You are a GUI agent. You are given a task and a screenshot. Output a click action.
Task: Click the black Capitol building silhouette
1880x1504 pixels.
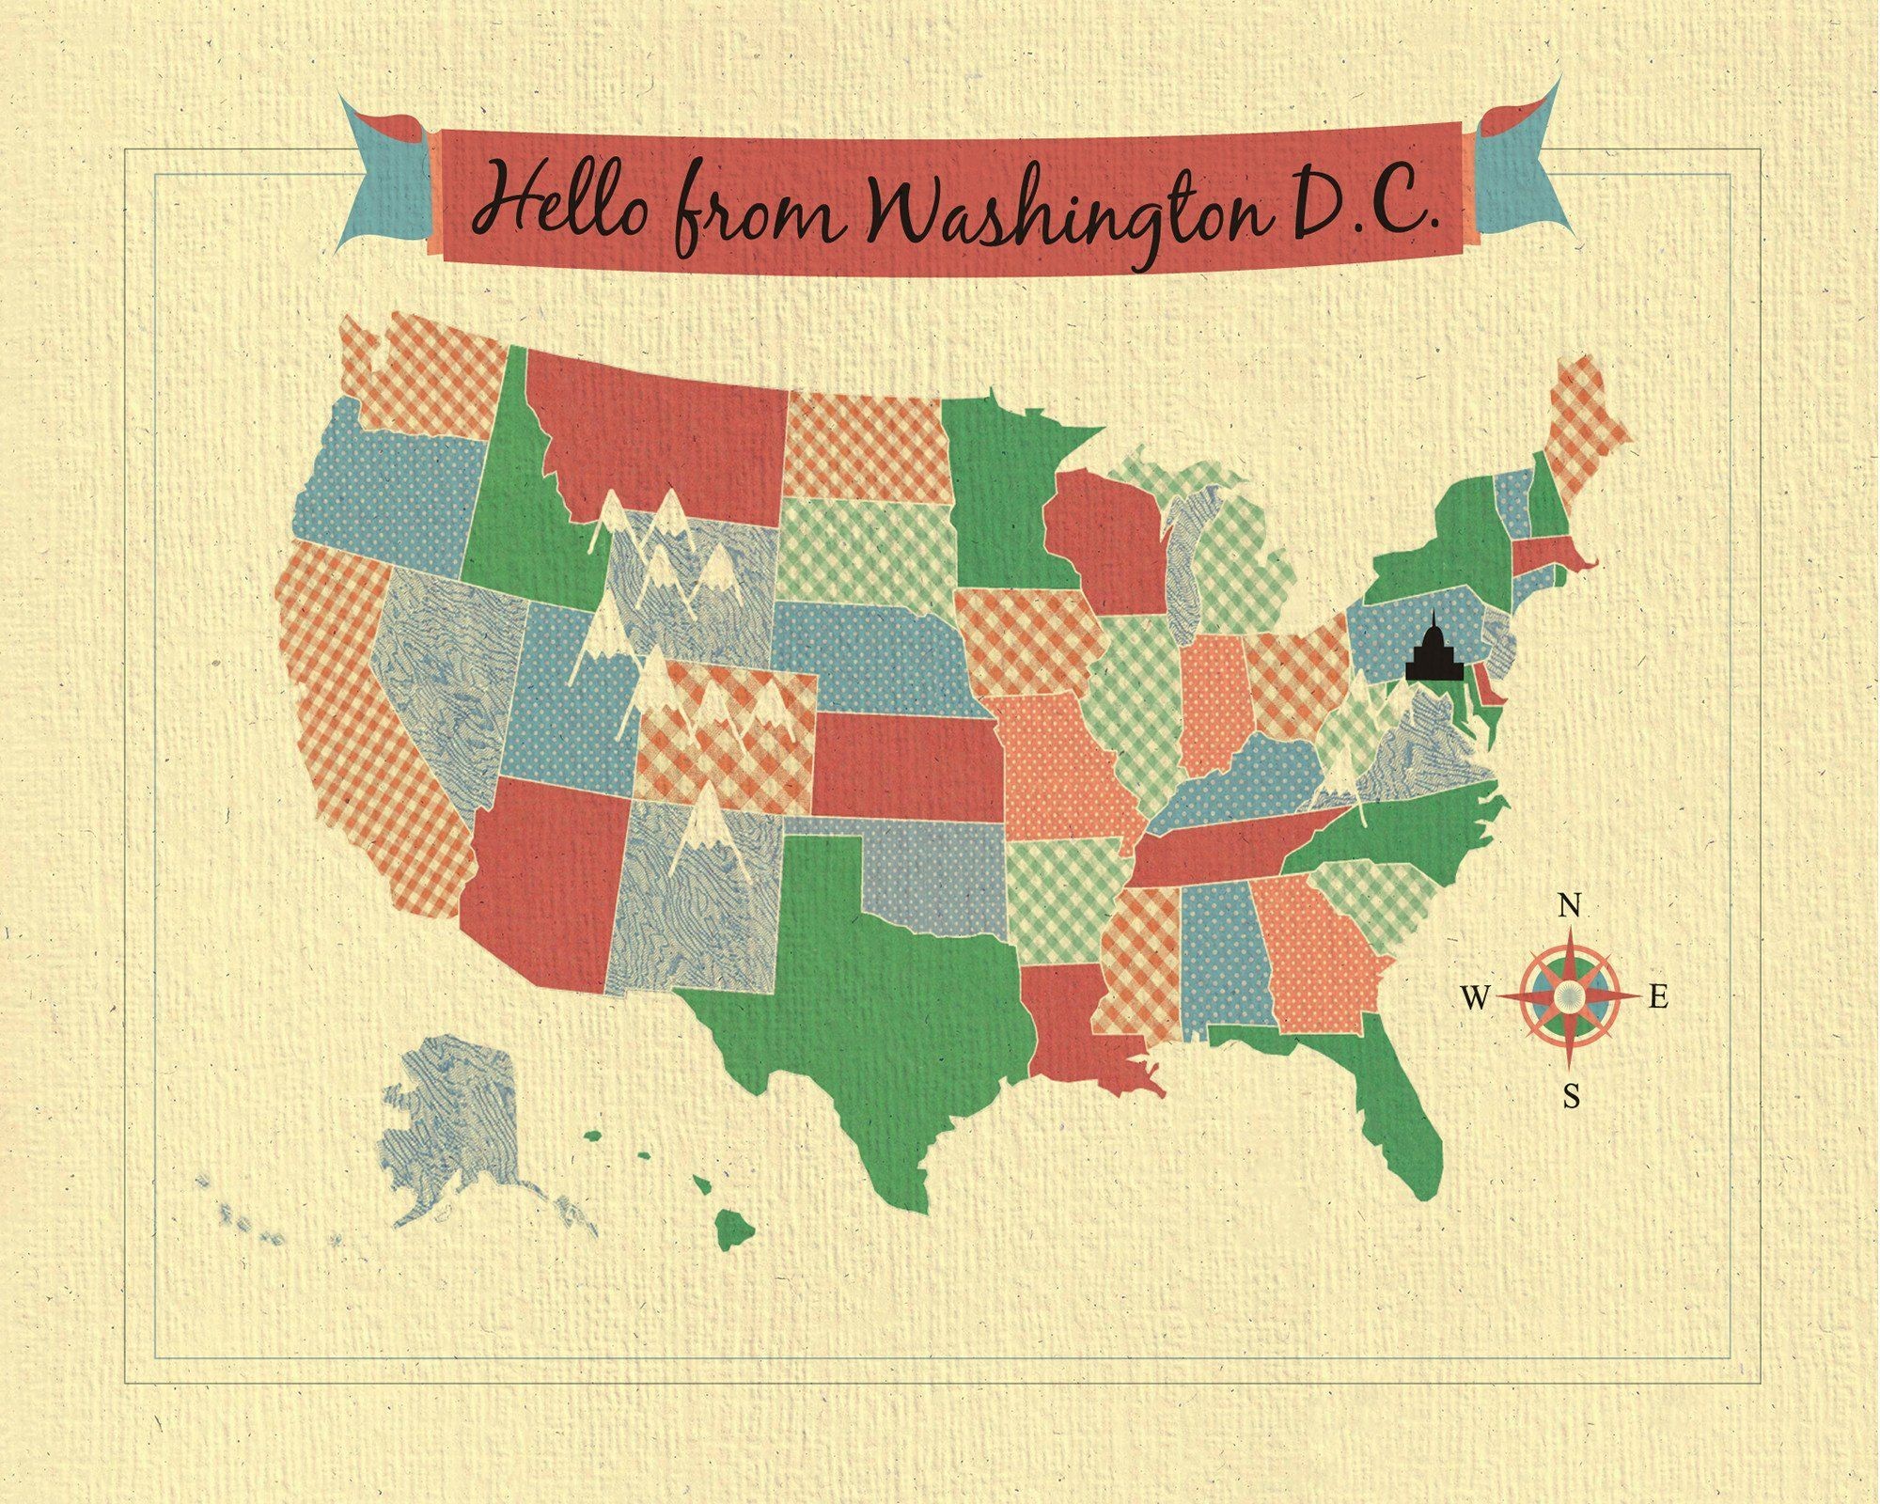tap(1432, 648)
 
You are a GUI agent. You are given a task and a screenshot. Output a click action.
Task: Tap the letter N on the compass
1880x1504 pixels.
tap(1568, 906)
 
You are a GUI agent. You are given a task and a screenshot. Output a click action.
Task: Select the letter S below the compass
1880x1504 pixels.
tap(1571, 1096)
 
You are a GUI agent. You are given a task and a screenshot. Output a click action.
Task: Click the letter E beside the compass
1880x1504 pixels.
tap(1659, 998)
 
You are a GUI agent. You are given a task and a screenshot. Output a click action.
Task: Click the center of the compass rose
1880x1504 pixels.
tap(1568, 998)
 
